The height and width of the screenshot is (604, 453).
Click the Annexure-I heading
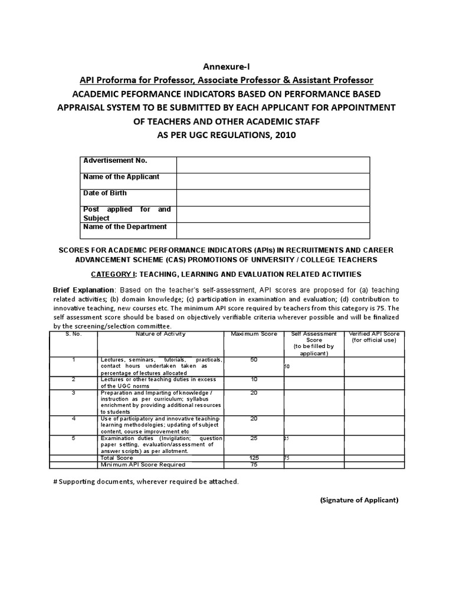(x=226, y=67)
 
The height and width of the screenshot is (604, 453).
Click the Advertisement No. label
(x=115, y=161)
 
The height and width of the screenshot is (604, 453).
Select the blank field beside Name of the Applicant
(x=273, y=181)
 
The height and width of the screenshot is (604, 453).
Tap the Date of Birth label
(x=105, y=193)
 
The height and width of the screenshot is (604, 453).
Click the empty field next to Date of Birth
(x=273, y=198)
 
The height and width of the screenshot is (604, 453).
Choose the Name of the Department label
(x=125, y=227)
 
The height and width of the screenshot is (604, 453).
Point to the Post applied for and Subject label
(x=127, y=214)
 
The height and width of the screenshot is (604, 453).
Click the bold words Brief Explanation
(x=84, y=290)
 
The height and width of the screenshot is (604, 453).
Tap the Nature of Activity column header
(x=160, y=334)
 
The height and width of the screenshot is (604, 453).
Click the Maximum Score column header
(x=254, y=334)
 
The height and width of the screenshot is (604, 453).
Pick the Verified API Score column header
(x=375, y=337)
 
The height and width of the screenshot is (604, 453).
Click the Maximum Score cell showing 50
(x=254, y=360)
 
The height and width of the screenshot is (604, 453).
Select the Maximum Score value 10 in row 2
(x=254, y=379)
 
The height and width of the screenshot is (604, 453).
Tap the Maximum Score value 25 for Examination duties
(x=254, y=439)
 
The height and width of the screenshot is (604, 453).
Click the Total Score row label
(x=117, y=458)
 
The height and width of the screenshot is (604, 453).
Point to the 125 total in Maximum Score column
(x=254, y=458)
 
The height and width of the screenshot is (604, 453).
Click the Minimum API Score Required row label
(x=139, y=465)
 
